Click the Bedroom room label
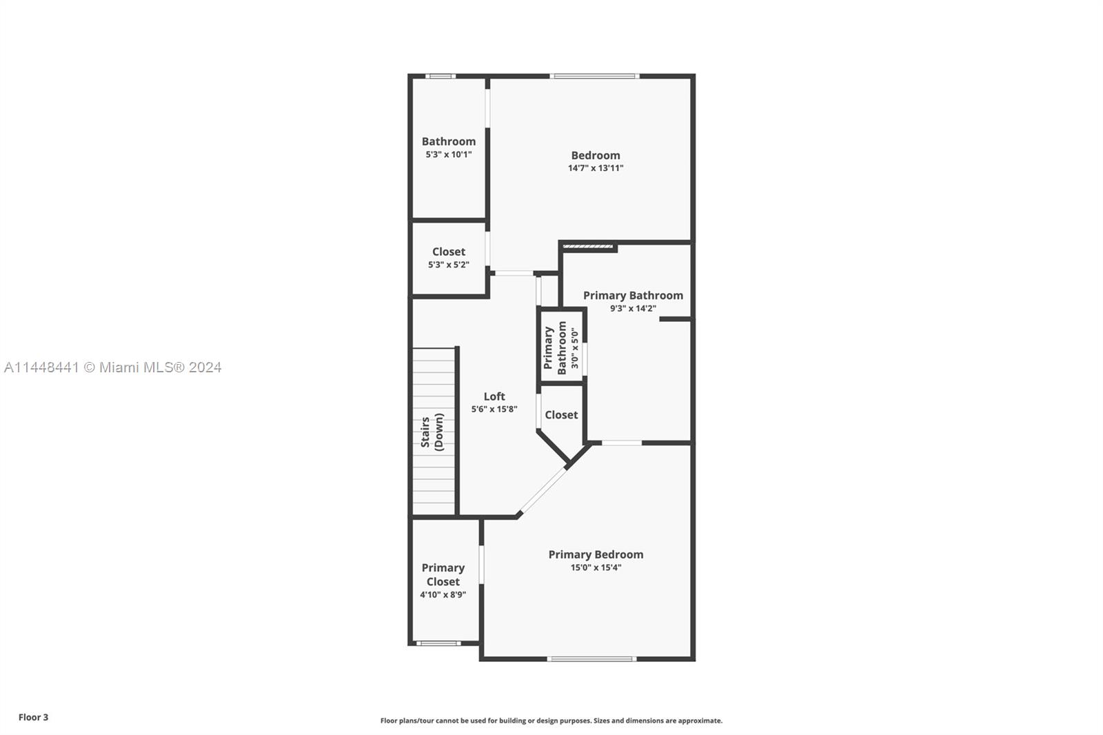tap(595, 155)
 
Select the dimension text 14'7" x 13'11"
tap(595, 168)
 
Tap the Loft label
tap(494, 396)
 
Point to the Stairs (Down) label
tap(432, 432)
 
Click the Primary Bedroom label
tap(596, 554)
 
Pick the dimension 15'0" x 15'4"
tap(596, 567)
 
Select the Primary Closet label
tap(443, 574)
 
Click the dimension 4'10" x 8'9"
tap(443, 594)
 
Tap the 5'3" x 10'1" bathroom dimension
tap(448, 154)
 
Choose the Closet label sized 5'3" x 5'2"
tap(448, 252)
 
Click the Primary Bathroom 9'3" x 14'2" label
tap(633, 295)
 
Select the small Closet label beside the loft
tap(561, 414)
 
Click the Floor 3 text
tap(33, 717)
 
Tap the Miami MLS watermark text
tap(112, 367)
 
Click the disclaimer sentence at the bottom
tap(551, 721)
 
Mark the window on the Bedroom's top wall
tap(594, 76)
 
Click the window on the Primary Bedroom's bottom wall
tap(591, 658)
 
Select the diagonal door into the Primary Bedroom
tap(543, 491)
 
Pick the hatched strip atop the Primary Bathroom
tap(587, 245)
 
